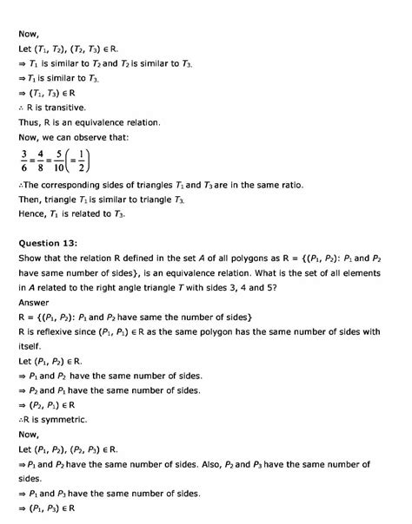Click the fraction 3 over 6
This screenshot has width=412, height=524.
pyautogui.click(x=23, y=161)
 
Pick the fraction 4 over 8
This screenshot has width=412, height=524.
pyautogui.click(x=43, y=161)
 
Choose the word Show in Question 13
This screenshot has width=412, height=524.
pyautogui.click(x=31, y=259)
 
